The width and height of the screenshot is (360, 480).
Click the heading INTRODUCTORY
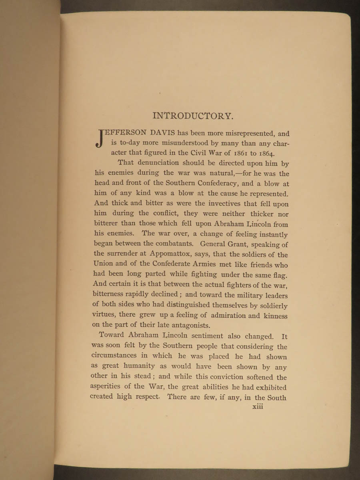[x=192, y=116]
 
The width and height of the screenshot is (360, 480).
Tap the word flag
[x=281, y=275]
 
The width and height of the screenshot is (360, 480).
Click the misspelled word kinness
[x=276, y=316]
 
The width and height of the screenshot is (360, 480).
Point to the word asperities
[x=110, y=387]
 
